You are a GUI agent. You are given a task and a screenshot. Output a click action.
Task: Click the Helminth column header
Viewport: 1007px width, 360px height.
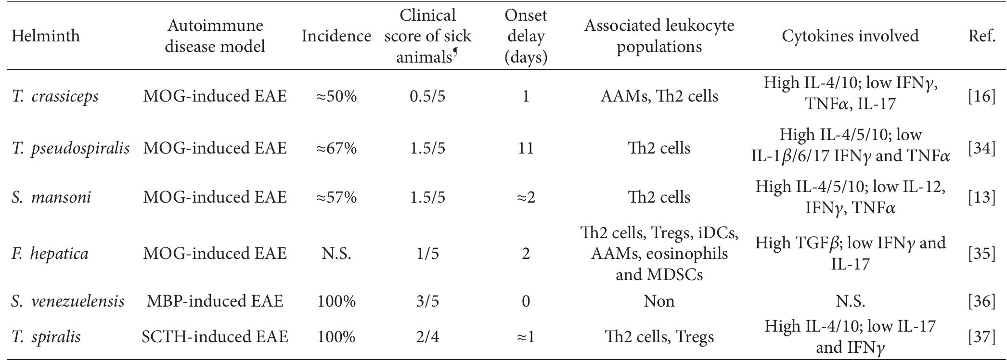46,36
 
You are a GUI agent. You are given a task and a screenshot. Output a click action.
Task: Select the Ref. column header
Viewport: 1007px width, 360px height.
981,36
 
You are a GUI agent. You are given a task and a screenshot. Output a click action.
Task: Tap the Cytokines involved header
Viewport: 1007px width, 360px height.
850,36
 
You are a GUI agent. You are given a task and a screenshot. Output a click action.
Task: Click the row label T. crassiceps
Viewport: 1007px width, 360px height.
55,96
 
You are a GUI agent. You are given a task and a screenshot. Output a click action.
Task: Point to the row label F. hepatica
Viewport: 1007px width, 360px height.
50,253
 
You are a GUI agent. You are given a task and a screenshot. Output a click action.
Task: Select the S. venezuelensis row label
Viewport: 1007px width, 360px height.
68,301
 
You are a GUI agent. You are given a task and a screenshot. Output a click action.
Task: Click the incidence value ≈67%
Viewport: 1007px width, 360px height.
336,148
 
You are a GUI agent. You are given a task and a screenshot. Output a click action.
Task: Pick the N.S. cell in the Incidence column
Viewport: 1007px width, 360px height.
336,253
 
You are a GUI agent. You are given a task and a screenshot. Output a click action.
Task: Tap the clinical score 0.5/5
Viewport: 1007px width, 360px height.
428,96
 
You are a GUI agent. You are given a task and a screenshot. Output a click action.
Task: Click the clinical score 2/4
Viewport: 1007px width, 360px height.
428,336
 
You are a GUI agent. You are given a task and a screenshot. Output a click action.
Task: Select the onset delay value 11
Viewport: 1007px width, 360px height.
526,148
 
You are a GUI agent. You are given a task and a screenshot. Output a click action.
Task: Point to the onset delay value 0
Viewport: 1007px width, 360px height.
526,301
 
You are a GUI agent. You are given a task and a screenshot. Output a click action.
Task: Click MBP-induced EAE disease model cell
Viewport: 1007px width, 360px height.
215,301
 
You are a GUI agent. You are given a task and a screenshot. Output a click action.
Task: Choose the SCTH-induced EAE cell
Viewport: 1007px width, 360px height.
215,336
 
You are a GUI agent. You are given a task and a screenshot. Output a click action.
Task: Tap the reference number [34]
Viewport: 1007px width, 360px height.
981,148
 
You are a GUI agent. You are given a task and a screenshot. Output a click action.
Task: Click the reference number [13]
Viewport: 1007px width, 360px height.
981,197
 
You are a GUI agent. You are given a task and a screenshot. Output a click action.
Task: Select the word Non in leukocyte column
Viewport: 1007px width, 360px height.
659,301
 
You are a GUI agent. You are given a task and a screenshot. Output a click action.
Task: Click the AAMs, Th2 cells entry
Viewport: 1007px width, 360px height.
659,96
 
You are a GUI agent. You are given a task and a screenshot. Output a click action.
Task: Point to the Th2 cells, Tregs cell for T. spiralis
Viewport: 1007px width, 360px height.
659,336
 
